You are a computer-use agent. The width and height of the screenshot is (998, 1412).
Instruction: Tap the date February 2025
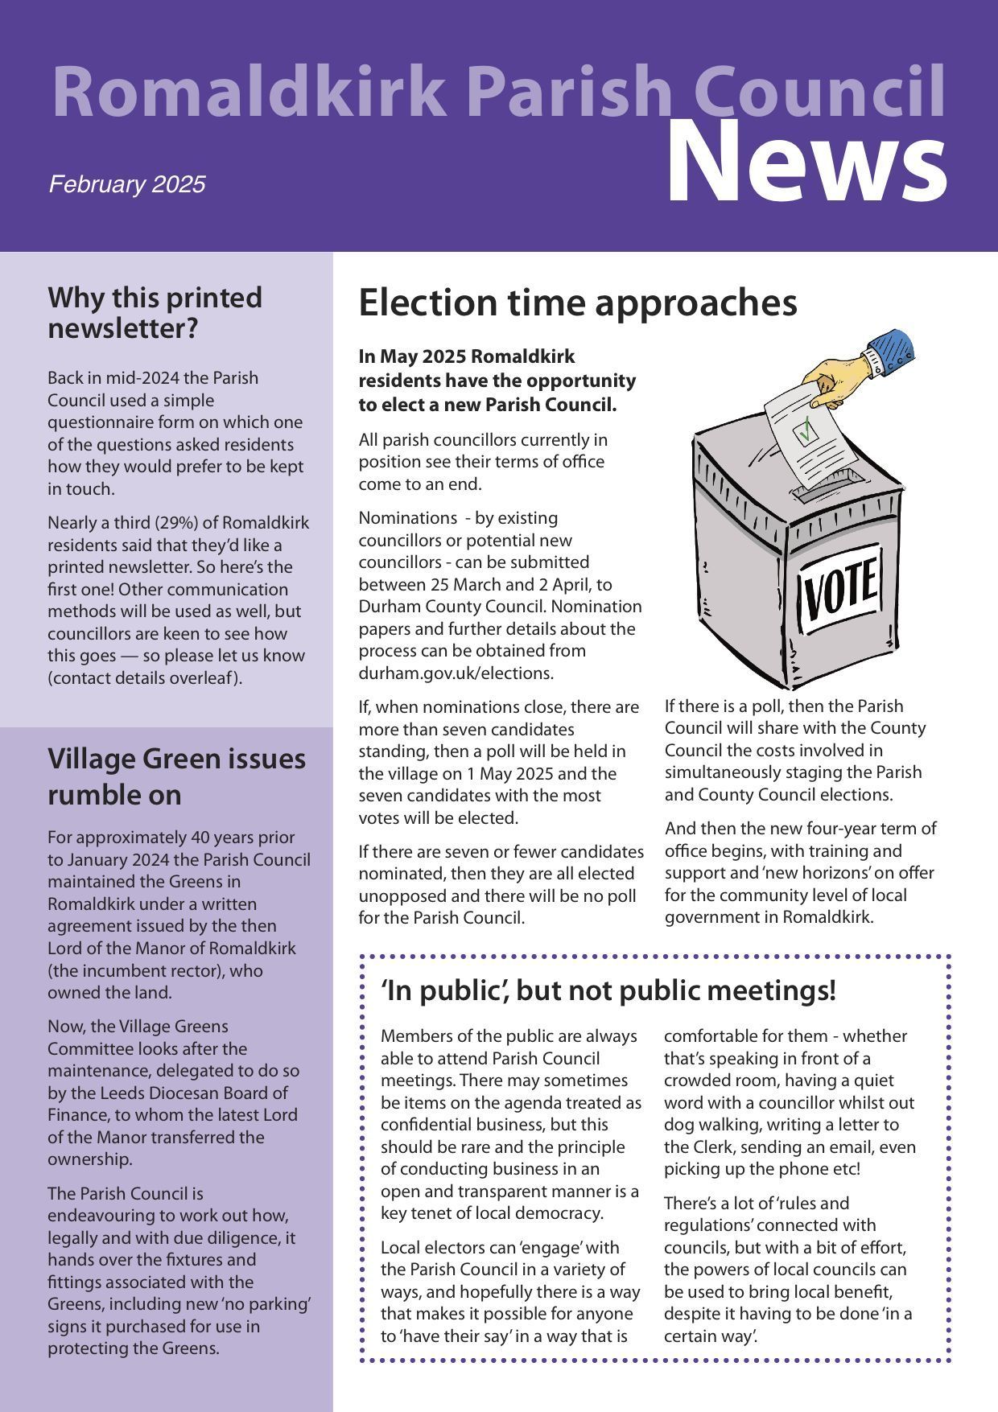coord(127,184)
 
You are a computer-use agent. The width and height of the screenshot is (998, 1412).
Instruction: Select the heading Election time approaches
coord(577,303)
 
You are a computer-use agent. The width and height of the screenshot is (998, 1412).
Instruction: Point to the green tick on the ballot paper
coord(806,430)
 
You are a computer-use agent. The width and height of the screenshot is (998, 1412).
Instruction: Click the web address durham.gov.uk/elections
coord(456,673)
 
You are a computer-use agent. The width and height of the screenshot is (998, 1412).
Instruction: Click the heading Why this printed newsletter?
coord(155,312)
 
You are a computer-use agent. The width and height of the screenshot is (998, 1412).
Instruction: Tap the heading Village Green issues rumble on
coord(176,776)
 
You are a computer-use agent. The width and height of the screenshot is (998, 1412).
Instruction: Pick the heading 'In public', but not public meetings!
coord(608,990)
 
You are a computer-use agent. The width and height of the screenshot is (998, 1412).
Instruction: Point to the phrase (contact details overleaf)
coord(145,677)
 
